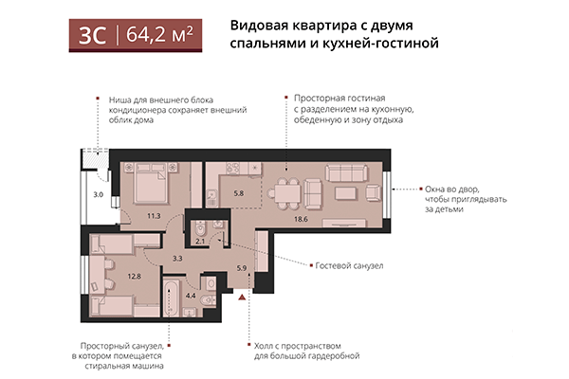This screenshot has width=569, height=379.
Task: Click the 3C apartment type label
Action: coord(92,35)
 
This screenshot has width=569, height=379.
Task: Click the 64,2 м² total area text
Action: coord(158,35)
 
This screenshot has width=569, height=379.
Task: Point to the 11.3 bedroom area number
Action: coord(154,216)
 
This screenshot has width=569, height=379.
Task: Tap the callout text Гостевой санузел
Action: coord(349,266)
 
